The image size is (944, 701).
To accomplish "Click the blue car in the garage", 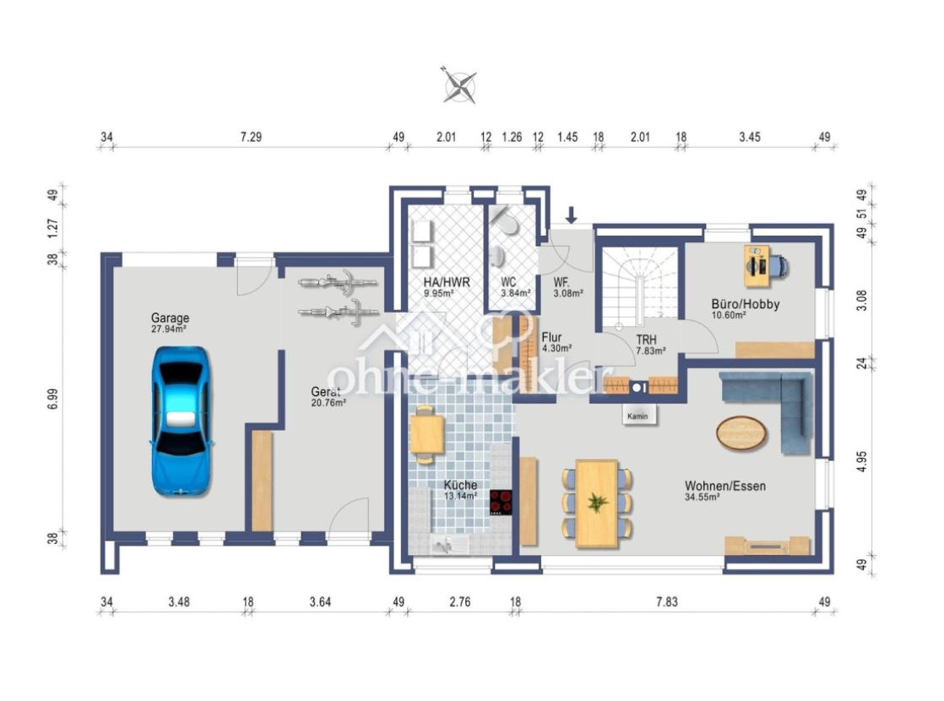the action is pos(182,421).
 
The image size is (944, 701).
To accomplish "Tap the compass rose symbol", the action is pos(460,85).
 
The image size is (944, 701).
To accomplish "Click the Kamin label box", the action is pos(638,416).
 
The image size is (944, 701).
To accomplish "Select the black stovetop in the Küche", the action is pos(501,503).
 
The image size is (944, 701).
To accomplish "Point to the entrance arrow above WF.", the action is pos(572,215).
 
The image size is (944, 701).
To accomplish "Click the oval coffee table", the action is pos(741,432).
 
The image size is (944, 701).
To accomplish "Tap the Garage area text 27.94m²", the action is pos(169,329).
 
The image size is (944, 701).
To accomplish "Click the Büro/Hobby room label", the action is pos(746,304).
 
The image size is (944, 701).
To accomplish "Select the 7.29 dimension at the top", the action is pos(251,137).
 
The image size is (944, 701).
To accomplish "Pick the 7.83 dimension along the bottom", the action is pos(667,601).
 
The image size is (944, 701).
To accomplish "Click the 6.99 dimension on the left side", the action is pos(53,399).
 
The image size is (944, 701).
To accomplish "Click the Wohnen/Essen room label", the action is pos(725,486).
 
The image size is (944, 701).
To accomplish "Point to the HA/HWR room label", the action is pos(447,282).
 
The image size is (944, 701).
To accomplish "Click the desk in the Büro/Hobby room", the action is pos(757,265).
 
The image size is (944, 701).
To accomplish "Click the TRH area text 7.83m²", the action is pos(651,351).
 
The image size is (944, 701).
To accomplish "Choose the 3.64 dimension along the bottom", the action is pos(320,601).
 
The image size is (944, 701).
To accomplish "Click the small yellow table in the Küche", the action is pos(427,434).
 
